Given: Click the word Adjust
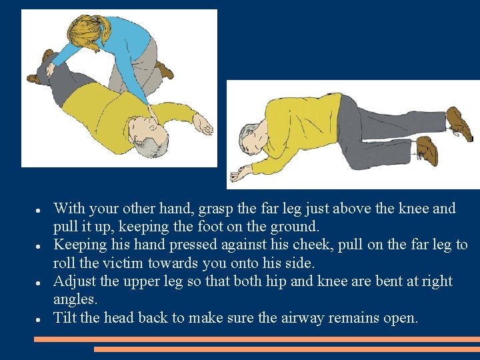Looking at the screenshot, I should pyautogui.click(x=73, y=281).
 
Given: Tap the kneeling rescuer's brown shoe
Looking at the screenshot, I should pyautogui.click(x=164, y=69).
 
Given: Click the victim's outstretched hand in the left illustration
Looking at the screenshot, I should pyautogui.click(x=201, y=125).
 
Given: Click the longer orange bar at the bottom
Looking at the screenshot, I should pyautogui.click(x=257, y=339).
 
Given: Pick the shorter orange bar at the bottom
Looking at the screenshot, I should pyautogui.click(x=287, y=349).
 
